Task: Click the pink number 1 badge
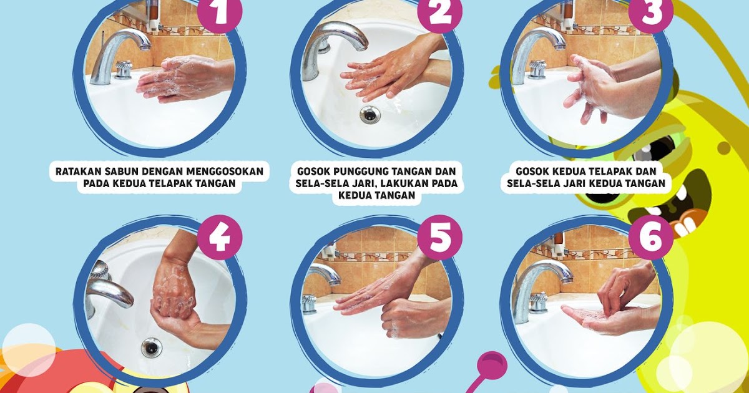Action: [x=220, y=12]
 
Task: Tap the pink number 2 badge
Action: [x=439, y=12]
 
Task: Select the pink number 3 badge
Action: [x=650, y=12]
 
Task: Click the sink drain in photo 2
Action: [x=370, y=114]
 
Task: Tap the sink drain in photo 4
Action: [x=152, y=347]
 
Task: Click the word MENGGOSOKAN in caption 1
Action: [x=224, y=172]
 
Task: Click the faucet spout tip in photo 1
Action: [x=145, y=48]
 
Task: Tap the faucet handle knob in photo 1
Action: [x=123, y=69]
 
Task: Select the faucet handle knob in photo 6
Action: [x=538, y=303]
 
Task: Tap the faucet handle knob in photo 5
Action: [x=310, y=303]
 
